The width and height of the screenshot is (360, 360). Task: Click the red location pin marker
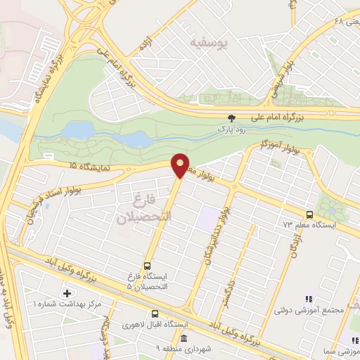pos(181,165)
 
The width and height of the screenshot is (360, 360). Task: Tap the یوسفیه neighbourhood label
pos(209,42)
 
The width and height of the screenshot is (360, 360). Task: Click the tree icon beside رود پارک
pos(232,117)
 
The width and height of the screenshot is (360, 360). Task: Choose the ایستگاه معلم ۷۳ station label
pos(309,225)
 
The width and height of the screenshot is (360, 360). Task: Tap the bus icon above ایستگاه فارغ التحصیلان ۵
pos(147,265)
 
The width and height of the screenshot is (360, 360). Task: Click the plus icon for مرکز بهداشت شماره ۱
pos(67,292)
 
